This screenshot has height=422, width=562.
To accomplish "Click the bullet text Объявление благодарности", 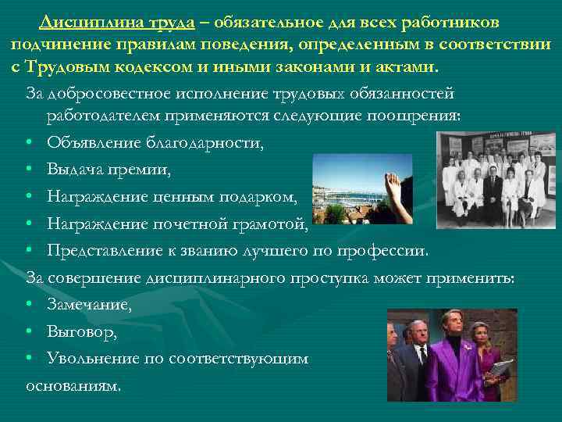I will (155, 143).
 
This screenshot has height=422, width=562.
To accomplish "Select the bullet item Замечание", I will (89, 306).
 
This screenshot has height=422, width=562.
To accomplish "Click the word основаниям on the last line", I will (73, 385).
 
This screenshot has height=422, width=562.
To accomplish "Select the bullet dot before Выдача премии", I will (29, 170).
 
